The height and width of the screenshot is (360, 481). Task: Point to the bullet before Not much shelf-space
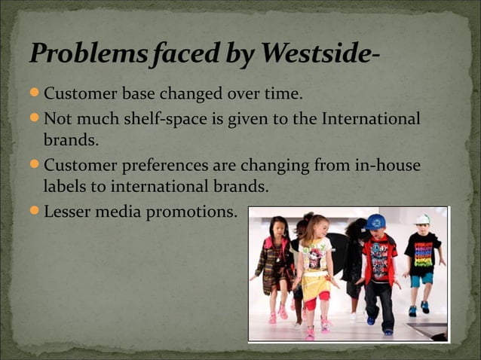tap(35, 119)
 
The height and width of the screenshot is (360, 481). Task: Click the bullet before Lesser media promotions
tap(35, 212)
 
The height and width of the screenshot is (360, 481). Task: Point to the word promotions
tap(195, 212)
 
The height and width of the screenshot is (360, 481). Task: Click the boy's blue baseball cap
tap(375, 221)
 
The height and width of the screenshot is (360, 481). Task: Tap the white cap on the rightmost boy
tap(422, 218)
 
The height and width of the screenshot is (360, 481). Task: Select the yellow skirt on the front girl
tap(316, 285)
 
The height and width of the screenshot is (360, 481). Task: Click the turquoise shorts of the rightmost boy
tap(421, 279)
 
